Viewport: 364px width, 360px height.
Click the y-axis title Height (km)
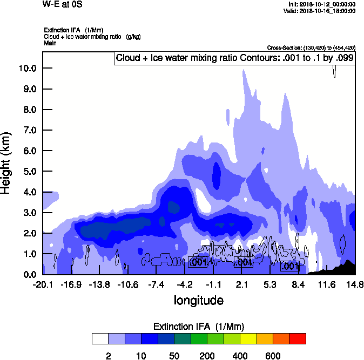point(7,162)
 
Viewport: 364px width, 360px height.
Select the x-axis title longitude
point(198,300)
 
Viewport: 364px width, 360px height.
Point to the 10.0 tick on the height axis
point(28,68)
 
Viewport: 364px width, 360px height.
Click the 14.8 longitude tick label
point(354,284)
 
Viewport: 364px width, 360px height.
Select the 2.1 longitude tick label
point(241,284)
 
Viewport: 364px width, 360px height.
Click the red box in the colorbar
point(298,339)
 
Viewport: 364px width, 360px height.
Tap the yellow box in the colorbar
point(248,339)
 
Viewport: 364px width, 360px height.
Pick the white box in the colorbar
point(99,339)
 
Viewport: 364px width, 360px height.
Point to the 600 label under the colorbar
point(273,356)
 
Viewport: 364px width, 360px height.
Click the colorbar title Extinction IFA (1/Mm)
point(198,327)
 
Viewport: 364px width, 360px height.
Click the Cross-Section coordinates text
point(311,48)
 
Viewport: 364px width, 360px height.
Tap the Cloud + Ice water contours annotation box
point(234,58)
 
